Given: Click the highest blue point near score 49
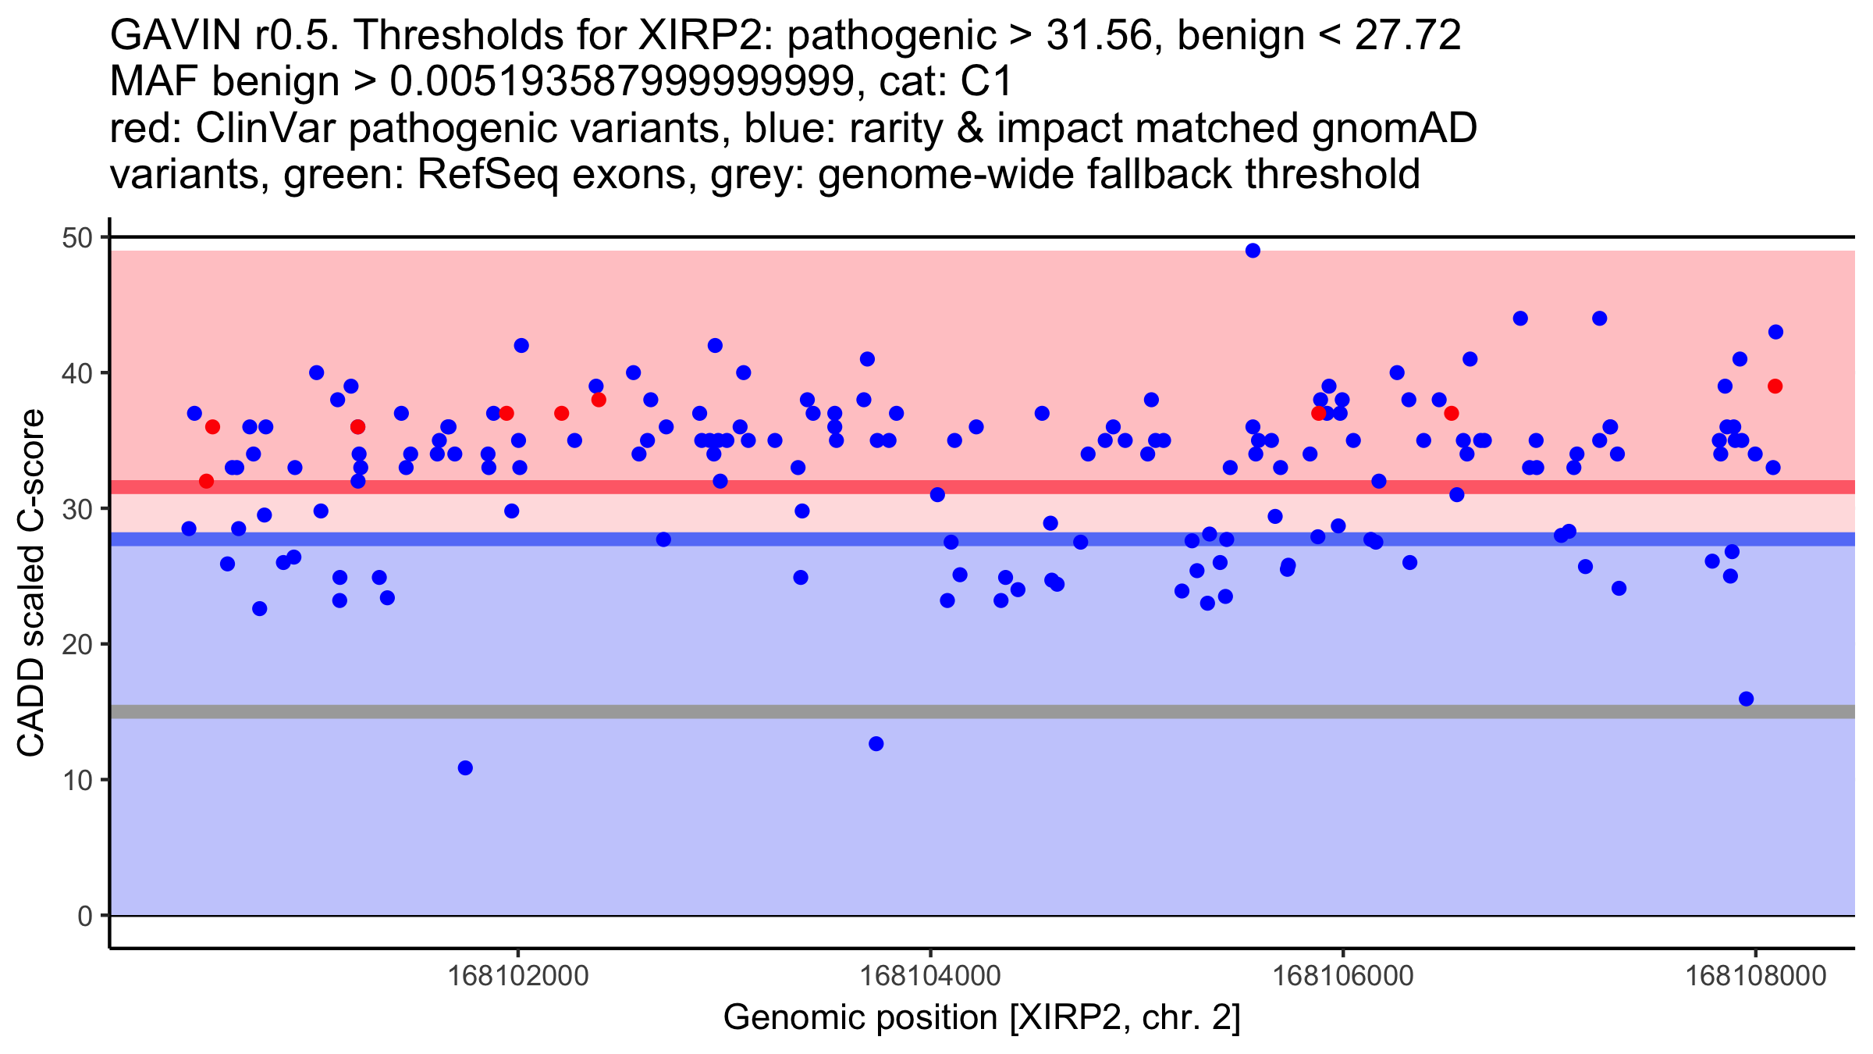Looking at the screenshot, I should tap(1253, 251).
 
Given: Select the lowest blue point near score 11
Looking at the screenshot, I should tap(465, 768).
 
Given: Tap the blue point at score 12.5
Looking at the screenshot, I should tap(876, 744).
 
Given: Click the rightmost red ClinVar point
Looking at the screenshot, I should tap(1775, 386).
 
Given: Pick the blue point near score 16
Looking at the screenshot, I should tap(1747, 699).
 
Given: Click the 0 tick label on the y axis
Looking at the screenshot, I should tap(84, 916).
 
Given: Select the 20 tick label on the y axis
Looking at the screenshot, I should tap(76, 645).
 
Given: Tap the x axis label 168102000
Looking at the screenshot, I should tap(519, 976).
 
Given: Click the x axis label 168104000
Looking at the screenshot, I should tap(930, 976).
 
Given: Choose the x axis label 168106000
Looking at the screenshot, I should tap(1342, 976).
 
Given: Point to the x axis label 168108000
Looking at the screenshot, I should tap(1755, 976).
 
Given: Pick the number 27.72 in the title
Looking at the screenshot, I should tap(1408, 35).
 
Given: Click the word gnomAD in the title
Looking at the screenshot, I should tap(1394, 128).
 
